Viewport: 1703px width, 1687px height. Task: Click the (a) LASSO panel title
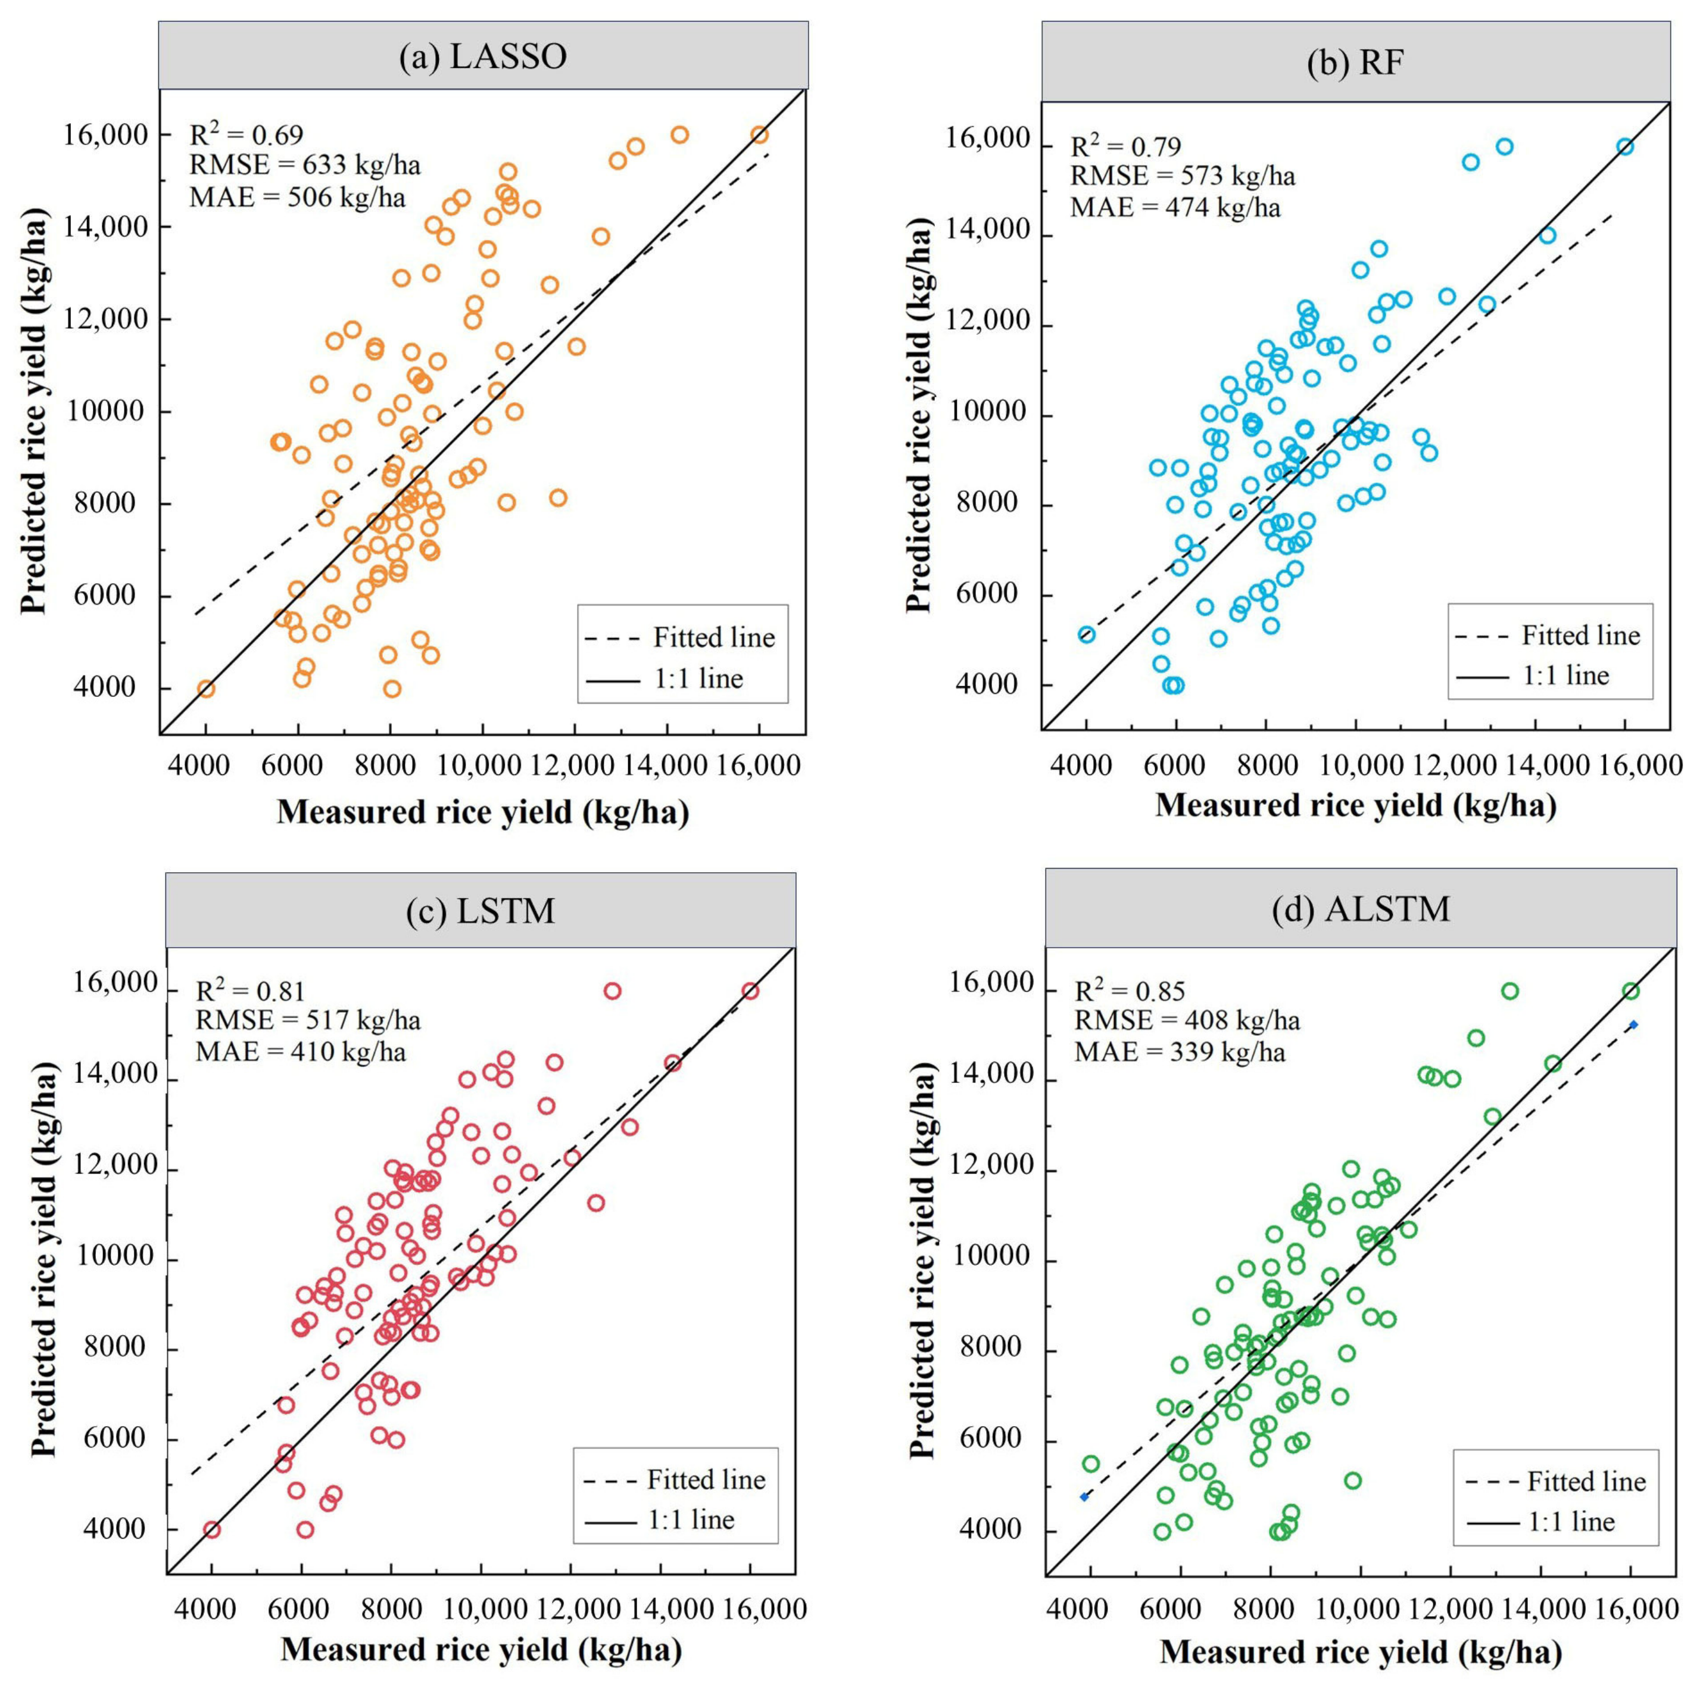click(x=482, y=57)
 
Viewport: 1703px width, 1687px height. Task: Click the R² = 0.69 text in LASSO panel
click(x=246, y=135)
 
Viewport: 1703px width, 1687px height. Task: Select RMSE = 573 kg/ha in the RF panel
click(x=1182, y=176)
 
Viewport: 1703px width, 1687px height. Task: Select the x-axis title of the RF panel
click(x=1356, y=805)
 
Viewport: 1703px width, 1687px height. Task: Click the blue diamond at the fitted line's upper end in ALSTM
click(x=1633, y=1025)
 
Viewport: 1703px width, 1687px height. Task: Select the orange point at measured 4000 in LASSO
click(x=205, y=689)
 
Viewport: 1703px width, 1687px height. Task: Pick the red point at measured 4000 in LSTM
click(x=211, y=1529)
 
